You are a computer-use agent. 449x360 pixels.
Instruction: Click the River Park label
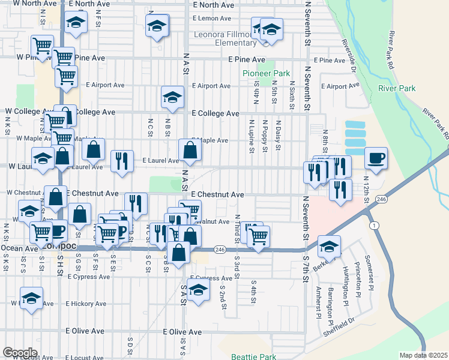[397, 89]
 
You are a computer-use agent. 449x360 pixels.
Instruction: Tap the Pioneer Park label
[266, 73]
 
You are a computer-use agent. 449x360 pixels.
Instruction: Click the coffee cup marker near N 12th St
[376, 158]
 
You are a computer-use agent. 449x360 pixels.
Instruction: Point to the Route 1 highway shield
[375, 224]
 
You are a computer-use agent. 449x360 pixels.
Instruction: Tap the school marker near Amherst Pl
[329, 246]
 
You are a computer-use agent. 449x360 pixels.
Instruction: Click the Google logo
[20, 353]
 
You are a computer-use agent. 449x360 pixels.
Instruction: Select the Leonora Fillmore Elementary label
[225, 38]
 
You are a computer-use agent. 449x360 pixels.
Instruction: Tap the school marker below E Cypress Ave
[197, 291]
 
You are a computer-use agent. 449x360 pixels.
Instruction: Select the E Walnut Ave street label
[215, 221]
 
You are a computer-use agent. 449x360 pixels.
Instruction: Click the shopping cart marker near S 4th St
[258, 236]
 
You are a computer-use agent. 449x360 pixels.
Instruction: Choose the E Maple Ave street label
[210, 140]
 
